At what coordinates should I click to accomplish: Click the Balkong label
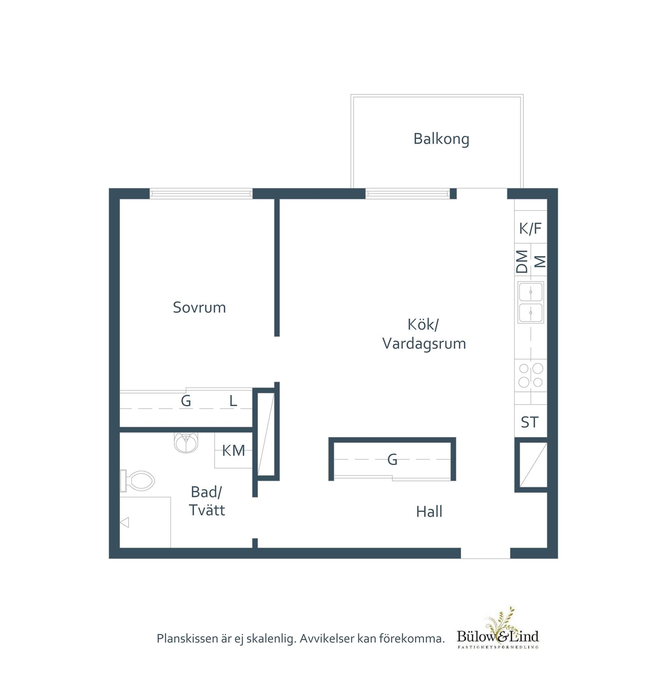coord(441,139)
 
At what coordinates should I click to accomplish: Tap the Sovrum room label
coord(199,307)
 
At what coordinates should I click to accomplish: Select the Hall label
coord(429,512)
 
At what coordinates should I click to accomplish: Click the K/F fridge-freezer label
coord(531,228)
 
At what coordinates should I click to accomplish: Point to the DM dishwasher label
coord(522,262)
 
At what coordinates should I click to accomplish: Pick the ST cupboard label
coord(529,422)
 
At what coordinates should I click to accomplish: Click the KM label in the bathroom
coord(234,450)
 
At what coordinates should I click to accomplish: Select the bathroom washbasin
coord(186,443)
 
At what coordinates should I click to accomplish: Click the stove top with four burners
coord(531,375)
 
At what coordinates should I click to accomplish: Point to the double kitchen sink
coord(531,302)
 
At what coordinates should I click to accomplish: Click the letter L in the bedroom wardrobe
coord(233,401)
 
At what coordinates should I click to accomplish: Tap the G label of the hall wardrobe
coord(392,459)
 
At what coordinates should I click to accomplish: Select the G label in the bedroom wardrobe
coord(186,401)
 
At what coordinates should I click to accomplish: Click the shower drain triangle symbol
coord(124,522)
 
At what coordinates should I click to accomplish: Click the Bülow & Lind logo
coord(498,634)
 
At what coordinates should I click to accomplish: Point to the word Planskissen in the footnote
coord(187,639)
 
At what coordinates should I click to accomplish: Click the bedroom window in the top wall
coord(201,194)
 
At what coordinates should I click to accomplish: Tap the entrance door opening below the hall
coord(485,553)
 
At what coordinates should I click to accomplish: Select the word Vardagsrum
coord(424,344)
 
